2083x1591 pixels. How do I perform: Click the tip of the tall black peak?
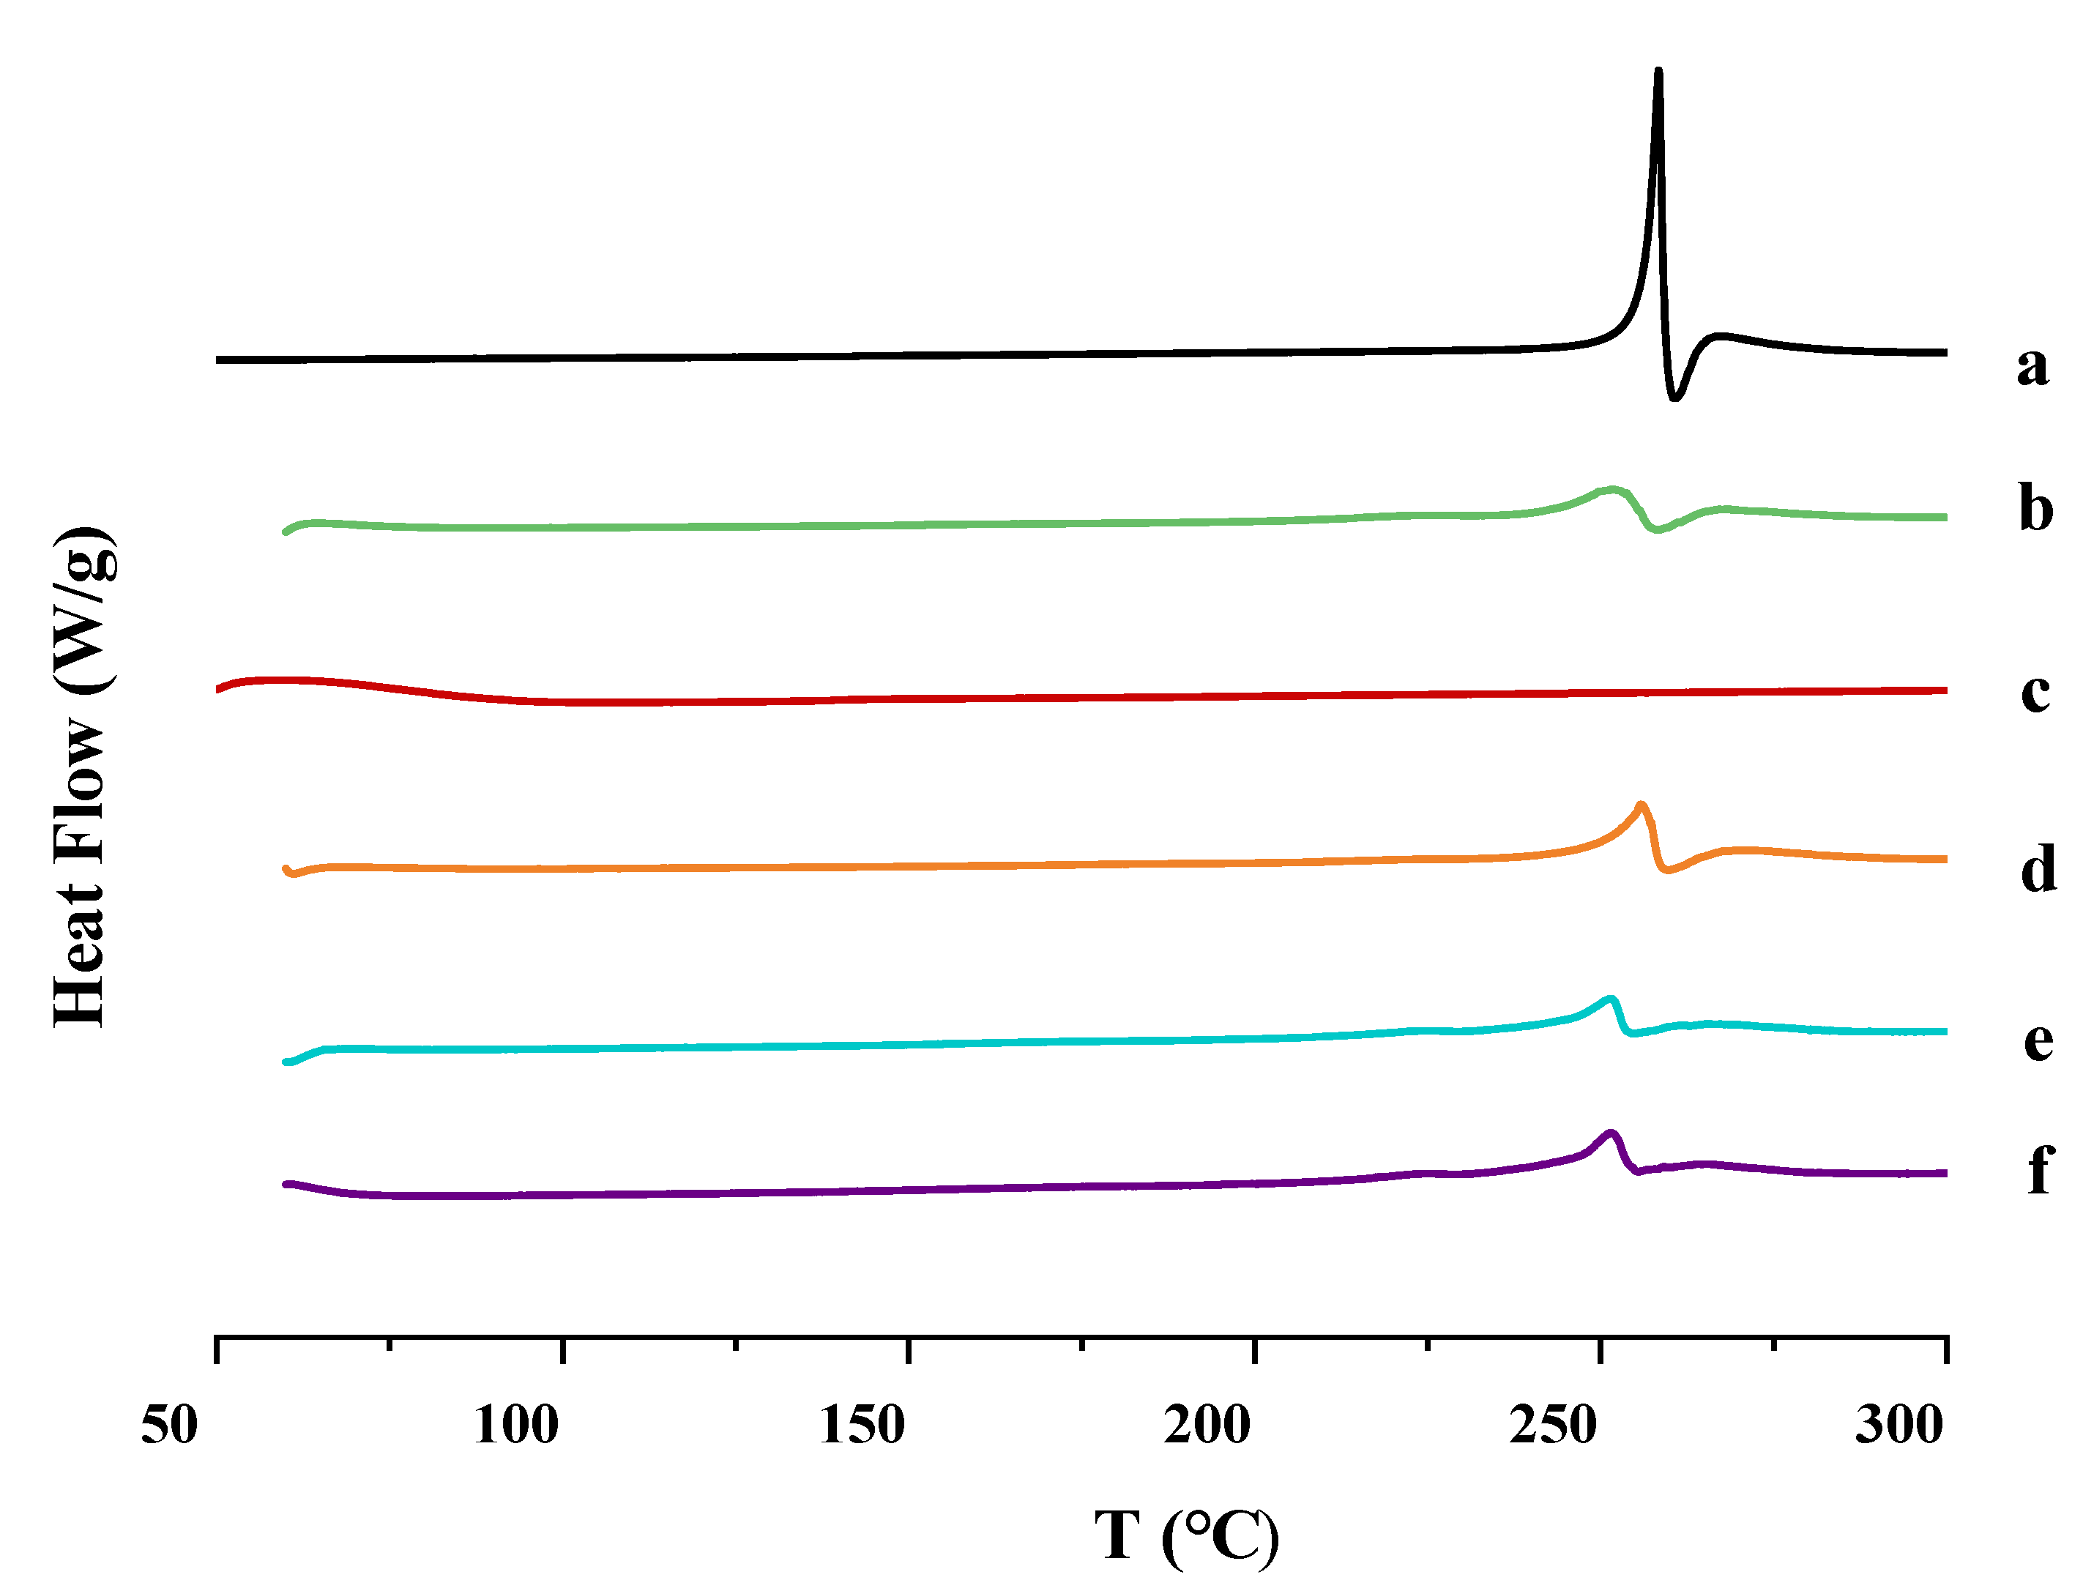pyautogui.click(x=1658, y=71)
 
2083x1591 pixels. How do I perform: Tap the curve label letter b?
pyautogui.click(x=2035, y=509)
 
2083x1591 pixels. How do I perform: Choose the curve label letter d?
pyautogui.click(x=2038, y=868)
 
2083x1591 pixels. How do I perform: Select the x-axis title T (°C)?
pyautogui.click(x=1186, y=1535)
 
